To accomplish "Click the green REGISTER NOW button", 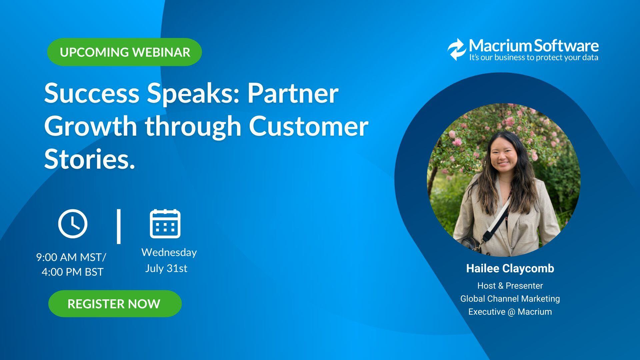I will [x=115, y=304].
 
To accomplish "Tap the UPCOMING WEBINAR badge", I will [x=125, y=52].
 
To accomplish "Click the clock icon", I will [x=73, y=224].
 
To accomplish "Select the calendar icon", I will [x=165, y=224].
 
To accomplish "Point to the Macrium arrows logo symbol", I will [x=456, y=49].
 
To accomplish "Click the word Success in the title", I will [x=91, y=93].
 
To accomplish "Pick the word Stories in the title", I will [x=89, y=159].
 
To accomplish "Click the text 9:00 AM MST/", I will [x=71, y=257].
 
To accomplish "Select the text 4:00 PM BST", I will [x=72, y=272].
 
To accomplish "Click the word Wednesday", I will [x=169, y=252].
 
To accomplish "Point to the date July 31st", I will [x=166, y=268].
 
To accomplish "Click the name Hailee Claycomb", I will [x=510, y=268].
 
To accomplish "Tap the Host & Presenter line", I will [x=510, y=286].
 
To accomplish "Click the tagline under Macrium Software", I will [x=534, y=58].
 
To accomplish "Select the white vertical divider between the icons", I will [x=119, y=226].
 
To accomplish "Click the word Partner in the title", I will [x=293, y=93].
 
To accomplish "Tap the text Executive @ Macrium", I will [x=510, y=312].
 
